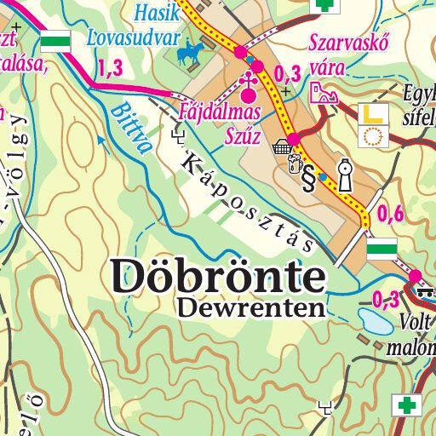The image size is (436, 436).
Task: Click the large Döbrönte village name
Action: [218, 274]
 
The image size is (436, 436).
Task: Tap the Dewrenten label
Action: [252, 307]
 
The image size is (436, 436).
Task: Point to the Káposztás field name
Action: [247, 201]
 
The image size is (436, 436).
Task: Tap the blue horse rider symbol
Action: [188, 55]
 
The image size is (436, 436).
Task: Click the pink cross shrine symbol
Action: [248, 82]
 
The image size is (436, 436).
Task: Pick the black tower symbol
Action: [343, 175]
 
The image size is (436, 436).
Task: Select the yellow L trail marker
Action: [372, 113]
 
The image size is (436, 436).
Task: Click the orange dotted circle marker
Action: [372, 135]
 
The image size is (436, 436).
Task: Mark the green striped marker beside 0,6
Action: [382, 250]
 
